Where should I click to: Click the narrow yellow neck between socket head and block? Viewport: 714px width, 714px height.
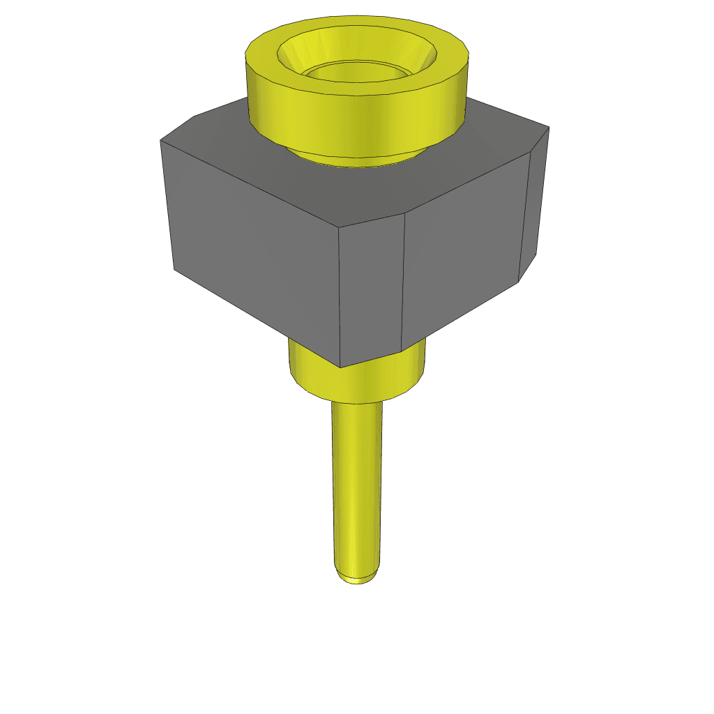356,159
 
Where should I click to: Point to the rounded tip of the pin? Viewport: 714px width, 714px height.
357,578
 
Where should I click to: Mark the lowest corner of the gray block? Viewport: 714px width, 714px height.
340,367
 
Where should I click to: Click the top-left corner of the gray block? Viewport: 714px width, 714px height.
160,140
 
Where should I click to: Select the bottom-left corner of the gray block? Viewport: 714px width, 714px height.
174,269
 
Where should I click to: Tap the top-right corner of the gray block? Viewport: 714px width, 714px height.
549,127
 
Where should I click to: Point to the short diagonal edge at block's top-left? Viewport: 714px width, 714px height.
176,128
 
